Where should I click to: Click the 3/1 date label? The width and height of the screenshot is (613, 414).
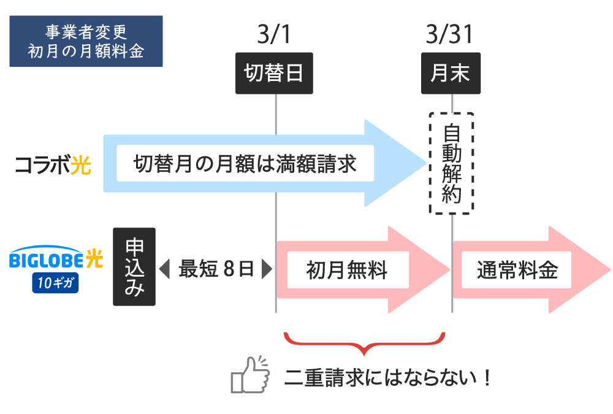click(273, 35)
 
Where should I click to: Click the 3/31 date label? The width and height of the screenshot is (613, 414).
click(450, 35)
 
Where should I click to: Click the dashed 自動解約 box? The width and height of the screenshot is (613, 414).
click(451, 163)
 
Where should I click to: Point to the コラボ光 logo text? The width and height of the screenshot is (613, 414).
click(53, 165)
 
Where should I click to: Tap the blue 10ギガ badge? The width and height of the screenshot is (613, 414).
click(56, 282)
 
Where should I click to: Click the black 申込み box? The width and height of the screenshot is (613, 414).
click(134, 266)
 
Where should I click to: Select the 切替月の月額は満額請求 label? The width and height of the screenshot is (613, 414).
click(245, 164)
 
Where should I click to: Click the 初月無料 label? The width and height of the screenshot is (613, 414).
click(347, 269)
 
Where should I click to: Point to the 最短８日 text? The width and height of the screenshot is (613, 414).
click(216, 269)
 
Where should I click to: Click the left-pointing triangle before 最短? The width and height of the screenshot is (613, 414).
click(164, 269)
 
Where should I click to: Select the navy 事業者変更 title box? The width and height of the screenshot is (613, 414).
click(86, 41)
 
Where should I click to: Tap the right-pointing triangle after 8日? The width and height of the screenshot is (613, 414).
click(266, 269)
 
